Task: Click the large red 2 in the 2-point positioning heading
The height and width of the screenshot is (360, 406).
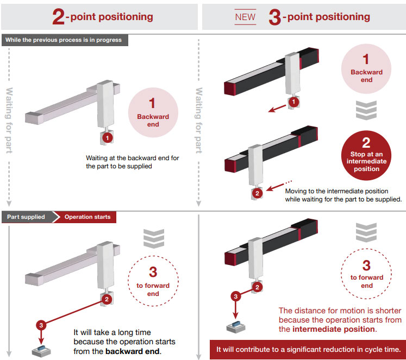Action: point(59,16)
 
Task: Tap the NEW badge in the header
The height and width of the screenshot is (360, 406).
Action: point(245,17)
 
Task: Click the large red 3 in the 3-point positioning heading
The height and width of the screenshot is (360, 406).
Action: point(275,16)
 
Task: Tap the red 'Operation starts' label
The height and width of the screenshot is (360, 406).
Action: point(88,217)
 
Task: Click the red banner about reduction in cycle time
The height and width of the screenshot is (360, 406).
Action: point(308,349)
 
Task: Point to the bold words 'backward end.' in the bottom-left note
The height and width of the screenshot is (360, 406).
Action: point(133,351)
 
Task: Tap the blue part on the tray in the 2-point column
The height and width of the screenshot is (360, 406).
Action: point(41,348)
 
